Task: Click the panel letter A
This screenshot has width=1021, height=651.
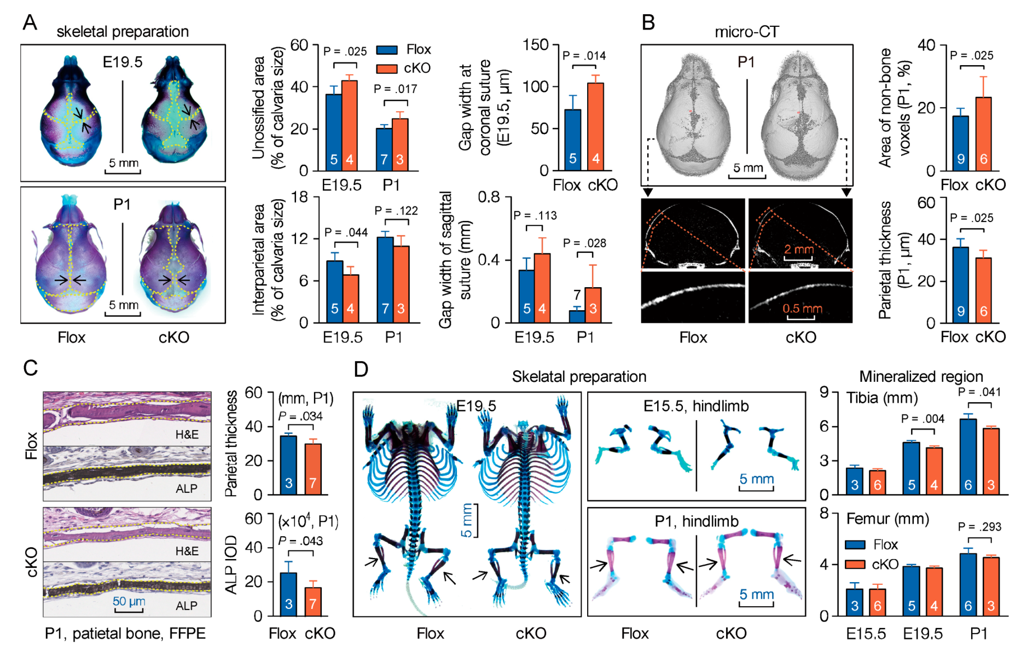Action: click(x=30, y=23)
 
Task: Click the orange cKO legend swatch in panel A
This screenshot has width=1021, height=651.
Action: click(x=386, y=69)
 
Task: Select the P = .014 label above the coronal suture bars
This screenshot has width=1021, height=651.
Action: click(x=584, y=55)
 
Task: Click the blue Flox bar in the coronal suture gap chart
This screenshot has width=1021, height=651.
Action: click(x=572, y=140)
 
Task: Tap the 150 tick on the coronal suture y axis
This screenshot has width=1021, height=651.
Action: click(x=535, y=44)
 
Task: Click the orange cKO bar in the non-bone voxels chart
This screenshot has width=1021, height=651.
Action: click(x=983, y=134)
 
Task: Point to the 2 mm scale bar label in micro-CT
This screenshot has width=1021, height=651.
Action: click(x=799, y=249)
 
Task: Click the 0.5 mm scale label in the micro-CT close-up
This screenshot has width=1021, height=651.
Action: click(x=802, y=309)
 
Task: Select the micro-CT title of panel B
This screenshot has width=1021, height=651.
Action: click(x=746, y=32)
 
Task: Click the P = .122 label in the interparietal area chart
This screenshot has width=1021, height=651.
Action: click(x=396, y=211)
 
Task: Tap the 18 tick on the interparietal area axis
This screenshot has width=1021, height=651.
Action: click(x=299, y=197)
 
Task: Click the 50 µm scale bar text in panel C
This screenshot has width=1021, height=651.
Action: click(x=129, y=601)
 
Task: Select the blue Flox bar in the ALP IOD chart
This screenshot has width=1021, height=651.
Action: click(x=288, y=594)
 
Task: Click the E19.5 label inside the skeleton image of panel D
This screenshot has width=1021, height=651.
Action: click(x=476, y=406)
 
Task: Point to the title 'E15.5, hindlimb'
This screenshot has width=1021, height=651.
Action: click(x=696, y=406)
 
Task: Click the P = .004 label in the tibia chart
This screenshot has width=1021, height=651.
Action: click(x=923, y=419)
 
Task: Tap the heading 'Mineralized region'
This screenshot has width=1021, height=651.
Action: click(x=921, y=376)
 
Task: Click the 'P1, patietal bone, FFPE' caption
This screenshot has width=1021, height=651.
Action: click(x=125, y=633)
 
